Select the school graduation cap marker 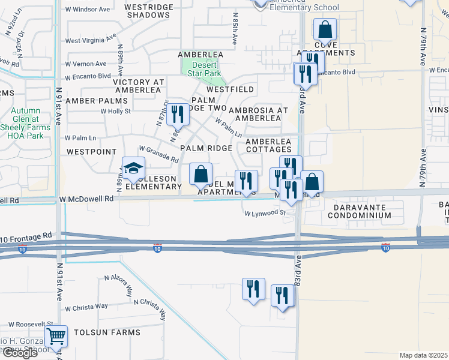click(133, 167)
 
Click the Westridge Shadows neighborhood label click(149, 10)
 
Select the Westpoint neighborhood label click(91, 152)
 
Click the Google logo click(20, 353)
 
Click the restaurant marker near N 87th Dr click(176, 114)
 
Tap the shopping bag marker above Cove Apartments click(325, 29)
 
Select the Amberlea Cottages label click(269, 146)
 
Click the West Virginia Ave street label click(90, 40)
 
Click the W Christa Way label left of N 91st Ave click(86, 306)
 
